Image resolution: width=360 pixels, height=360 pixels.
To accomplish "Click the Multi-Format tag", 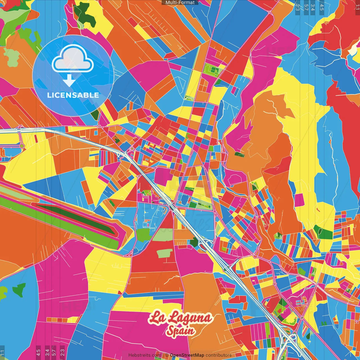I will pos(180,3).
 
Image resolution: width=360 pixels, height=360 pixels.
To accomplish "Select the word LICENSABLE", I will pos(73,95).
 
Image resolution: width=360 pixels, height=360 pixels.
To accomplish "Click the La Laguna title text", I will pos(180,318).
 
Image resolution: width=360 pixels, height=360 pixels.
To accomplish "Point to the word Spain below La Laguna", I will pos(180,331).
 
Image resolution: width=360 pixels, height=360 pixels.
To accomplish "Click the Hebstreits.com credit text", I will pos(145,355).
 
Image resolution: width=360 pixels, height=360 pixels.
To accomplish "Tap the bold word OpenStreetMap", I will pos(187,355).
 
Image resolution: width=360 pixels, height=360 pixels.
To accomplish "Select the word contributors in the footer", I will pos(219,355).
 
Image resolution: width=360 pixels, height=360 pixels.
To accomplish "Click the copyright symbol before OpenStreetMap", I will pos(167,355).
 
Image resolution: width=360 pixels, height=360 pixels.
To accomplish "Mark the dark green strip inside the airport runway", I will pos(76,218).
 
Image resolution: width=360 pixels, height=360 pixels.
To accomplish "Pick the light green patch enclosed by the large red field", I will pos(165,253).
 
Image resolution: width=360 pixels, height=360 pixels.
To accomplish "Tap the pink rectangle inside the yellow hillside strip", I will pos(299,200).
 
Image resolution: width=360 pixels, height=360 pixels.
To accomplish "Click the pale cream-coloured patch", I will pos(352,50).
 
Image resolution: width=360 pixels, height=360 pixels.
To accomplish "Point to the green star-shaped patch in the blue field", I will pos(19,290).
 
